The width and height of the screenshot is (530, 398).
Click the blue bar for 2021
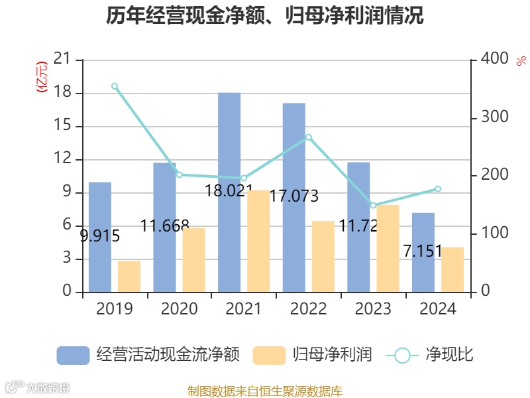[x=229, y=192]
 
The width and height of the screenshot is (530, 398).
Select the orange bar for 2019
[x=129, y=277]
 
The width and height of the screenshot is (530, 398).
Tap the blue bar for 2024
[x=423, y=252]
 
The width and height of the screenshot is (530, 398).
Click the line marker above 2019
[x=115, y=86]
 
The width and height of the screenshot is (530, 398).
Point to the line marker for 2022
[x=308, y=137]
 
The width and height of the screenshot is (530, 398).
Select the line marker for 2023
[x=373, y=206]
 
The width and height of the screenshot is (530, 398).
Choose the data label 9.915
[x=100, y=235]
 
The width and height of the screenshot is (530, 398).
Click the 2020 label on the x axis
[x=179, y=309]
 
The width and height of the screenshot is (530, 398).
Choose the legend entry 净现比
[x=449, y=355]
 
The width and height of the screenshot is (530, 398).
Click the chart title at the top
[x=265, y=16]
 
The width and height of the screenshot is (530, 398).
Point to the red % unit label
[x=521, y=60]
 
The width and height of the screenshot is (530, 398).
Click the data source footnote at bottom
[x=265, y=391]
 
